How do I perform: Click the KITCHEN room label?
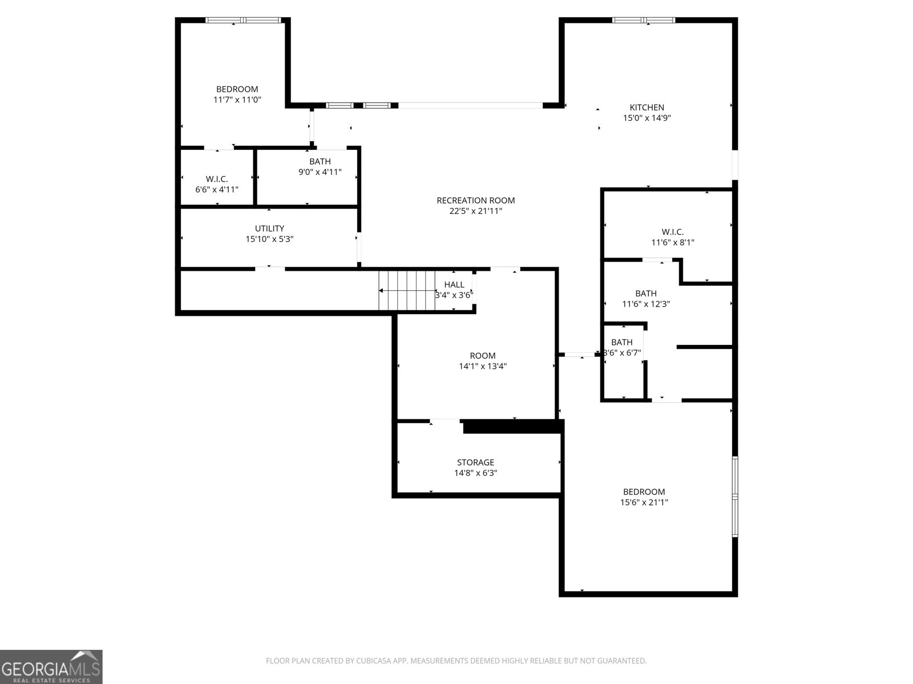click(x=647, y=108)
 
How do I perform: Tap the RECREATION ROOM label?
click(x=475, y=201)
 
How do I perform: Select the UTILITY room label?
click(x=269, y=229)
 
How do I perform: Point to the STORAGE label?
click(x=475, y=462)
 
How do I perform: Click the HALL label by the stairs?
click(x=454, y=284)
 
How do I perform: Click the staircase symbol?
click(x=406, y=291)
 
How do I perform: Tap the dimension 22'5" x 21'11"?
click(x=475, y=211)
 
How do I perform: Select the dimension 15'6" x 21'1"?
click(x=644, y=502)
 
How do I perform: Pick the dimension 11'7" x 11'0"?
click(x=237, y=100)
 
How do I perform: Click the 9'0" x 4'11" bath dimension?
click(x=320, y=172)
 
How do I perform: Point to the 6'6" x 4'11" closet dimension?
click(x=217, y=190)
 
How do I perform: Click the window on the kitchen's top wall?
click(x=644, y=20)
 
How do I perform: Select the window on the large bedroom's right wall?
click(x=735, y=496)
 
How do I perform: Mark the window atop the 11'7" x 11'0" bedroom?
click(x=243, y=20)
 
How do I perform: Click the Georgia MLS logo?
click(x=51, y=667)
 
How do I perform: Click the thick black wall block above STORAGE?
click(x=513, y=426)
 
